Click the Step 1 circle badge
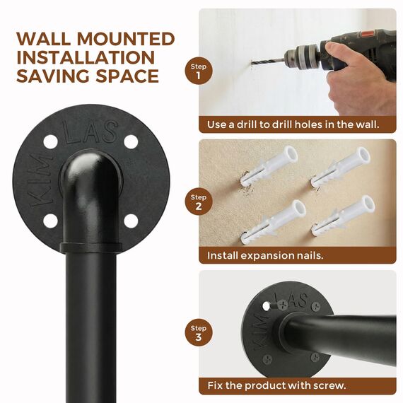(x=199, y=71)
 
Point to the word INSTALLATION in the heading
(x=85, y=57)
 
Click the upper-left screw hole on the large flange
(x=50, y=141)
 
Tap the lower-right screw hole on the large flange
(x=130, y=221)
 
